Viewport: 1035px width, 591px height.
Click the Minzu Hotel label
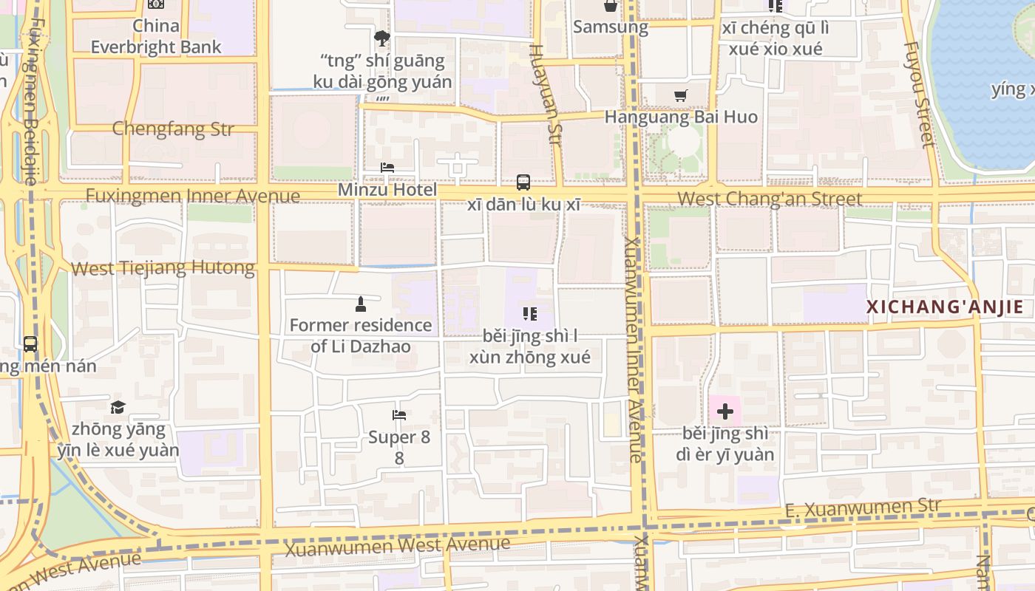387,190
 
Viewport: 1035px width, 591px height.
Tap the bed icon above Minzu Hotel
387,168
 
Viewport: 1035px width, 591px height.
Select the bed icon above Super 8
399,415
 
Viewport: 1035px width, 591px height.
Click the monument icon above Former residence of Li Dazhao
360,304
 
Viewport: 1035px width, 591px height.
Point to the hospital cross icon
725,411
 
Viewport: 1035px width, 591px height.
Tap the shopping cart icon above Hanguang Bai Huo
681,95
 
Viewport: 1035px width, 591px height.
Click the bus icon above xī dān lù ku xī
523,182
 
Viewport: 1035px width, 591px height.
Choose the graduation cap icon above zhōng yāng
118,407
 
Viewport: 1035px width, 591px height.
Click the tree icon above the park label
382,38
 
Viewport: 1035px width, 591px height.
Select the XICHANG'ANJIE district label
945,307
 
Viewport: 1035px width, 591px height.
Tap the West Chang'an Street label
770,199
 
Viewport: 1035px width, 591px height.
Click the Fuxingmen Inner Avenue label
193,196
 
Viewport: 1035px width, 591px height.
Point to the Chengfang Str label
173,129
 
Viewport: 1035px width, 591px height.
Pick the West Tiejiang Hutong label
163,267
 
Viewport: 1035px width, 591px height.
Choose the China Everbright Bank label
156,36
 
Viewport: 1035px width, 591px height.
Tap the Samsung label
611,27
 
